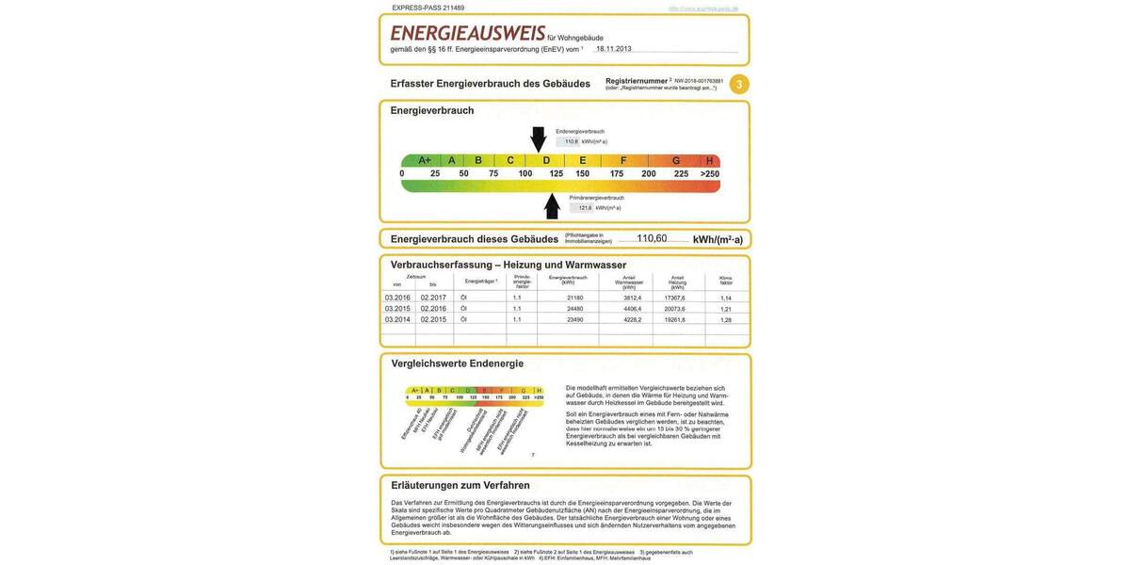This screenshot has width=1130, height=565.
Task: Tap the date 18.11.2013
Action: click(x=613, y=48)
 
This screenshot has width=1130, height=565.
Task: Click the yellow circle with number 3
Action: click(x=739, y=85)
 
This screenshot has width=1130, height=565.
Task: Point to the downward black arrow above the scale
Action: click(x=538, y=139)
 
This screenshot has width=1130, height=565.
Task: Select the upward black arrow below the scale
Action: click(x=552, y=205)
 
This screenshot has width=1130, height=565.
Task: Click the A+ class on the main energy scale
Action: click(x=425, y=160)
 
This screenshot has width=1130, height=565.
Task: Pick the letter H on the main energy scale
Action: click(x=709, y=160)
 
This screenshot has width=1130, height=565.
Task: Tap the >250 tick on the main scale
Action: click(x=709, y=173)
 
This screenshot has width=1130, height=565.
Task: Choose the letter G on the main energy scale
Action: click(x=676, y=160)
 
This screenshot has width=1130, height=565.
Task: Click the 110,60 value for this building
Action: click(x=652, y=238)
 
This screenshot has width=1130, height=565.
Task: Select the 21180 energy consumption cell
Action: click(x=574, y=298)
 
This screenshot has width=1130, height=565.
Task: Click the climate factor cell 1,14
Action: click(x=725, y=298)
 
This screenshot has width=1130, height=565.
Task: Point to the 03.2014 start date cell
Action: click(x=396, y=319)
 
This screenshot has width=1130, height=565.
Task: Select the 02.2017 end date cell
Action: click(x=433, y=298)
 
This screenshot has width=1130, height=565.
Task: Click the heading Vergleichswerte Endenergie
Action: click(x=457, y=363)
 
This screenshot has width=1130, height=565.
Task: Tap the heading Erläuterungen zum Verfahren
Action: click(x=460, y=485)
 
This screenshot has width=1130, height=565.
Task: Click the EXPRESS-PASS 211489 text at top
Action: click(x=428, y=8)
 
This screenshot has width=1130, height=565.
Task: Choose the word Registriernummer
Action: click(x=636, y=81)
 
